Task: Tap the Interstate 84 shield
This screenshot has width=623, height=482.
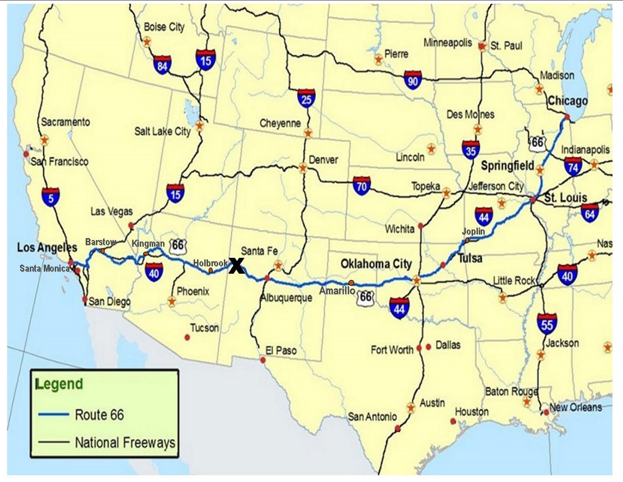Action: click(x=162, y=65)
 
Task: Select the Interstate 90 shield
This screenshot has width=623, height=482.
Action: click(x=413, y=80)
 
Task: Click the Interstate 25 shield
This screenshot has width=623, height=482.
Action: click(x=306, y=98)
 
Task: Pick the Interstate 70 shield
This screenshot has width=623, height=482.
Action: click(x=361, y=186)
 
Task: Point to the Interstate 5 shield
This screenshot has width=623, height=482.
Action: click(x=51, y=197)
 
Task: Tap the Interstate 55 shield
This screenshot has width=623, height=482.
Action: click(x=547, y=323)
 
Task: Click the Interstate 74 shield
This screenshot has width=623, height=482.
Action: click(x=573, y=166)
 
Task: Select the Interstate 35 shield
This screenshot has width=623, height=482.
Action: click(x=471, y=149)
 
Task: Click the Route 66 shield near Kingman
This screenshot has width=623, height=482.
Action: click(x=178, y=246)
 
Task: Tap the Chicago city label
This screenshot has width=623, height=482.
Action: click(x=567, y=101)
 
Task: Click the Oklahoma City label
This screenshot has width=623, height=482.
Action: click(x=376, y=264)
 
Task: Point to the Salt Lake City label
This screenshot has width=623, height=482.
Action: click(x=162, y=131)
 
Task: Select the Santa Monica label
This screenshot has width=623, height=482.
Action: click(x=45, y=268)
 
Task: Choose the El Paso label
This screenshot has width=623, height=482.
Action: click(x=281, y=350)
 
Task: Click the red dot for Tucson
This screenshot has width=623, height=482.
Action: click(x=187, y=337)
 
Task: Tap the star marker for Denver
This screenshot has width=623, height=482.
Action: click(x=303, y=168)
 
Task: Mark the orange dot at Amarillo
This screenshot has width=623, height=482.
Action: click(x=351, y=282)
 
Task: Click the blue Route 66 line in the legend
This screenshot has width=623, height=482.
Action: click(x=54, y=414)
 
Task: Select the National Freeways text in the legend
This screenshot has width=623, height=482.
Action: click(x=125, y=443)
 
